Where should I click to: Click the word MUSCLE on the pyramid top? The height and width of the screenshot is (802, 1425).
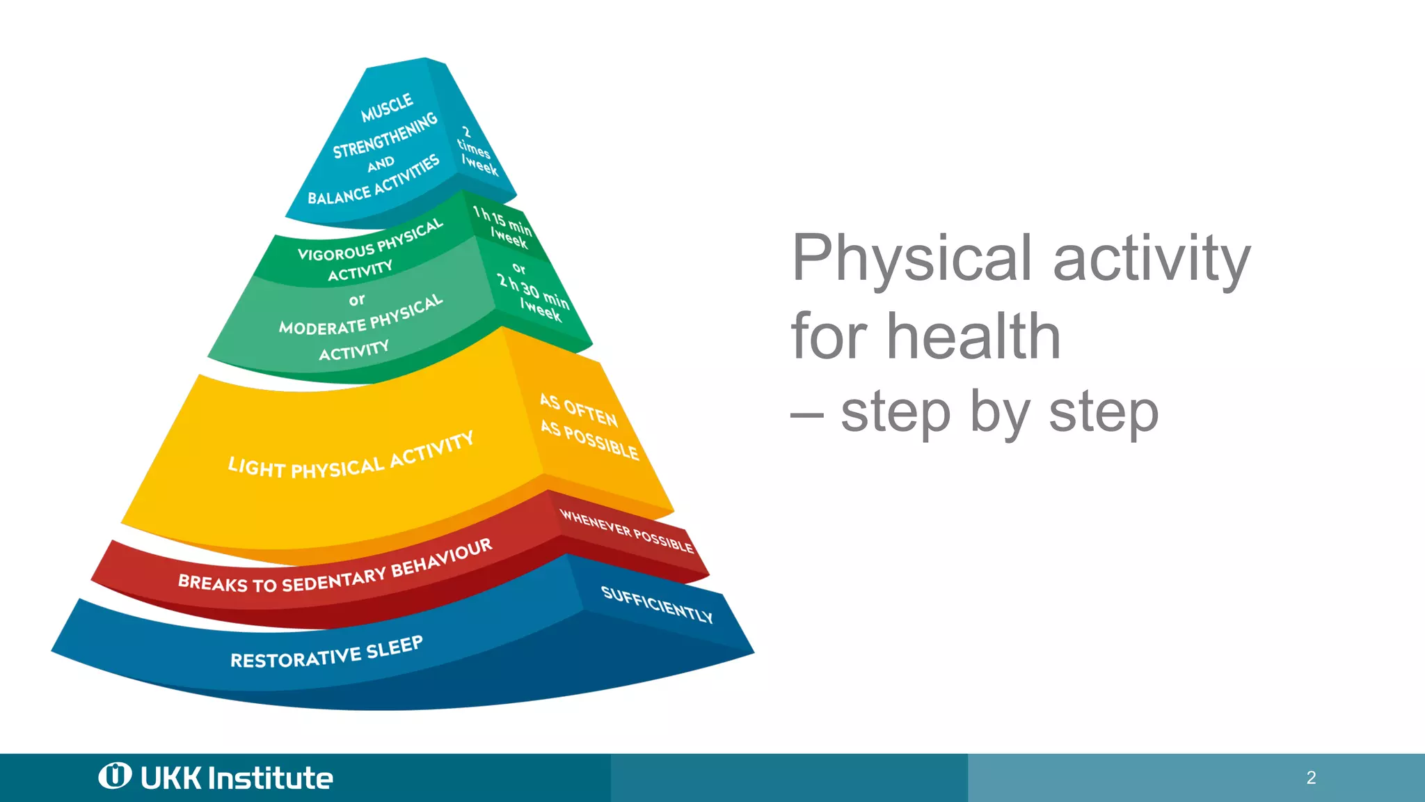pyautogui.click(x=387, y=108)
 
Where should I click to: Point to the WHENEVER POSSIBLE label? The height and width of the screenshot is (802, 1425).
pyautogui.click(x=626, y=531)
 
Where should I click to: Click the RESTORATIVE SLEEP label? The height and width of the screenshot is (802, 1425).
pyautogui.click(x=326, y=652)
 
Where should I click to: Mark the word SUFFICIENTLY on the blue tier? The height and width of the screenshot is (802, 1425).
pyautogui.click(x=657, y=604)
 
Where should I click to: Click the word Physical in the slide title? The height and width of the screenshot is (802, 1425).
pyautogui.click(x=911, y=259)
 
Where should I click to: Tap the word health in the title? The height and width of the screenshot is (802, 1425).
pyautogui.click(x=973, y=337)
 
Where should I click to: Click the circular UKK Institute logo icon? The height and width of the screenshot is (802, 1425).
pyautogui.click(x=115, y=776)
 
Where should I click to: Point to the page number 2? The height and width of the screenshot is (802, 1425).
pyautogui.click(x=1311, y=778)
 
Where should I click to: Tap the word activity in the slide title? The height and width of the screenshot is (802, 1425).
pyautogui.click(x=1152, y=259)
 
